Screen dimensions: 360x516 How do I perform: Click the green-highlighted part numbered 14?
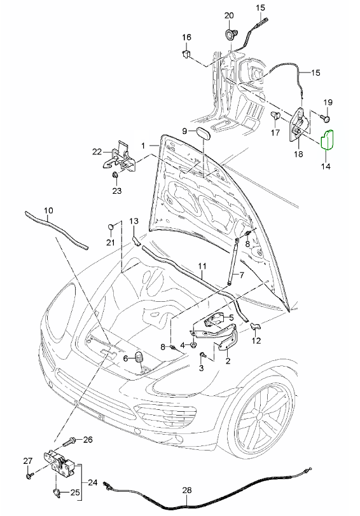[328, 140]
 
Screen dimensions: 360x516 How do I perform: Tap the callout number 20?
[229, 15]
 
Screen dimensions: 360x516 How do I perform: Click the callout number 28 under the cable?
[187, 491]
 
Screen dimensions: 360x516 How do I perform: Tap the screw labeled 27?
[29, 475]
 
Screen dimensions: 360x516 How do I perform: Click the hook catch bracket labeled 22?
[119, 158]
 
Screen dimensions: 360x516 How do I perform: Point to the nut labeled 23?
[115, 175]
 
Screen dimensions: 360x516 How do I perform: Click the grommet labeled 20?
[229, 34]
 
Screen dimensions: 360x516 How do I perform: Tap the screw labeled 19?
[326, 117]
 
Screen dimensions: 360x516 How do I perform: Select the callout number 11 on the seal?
[202, 266]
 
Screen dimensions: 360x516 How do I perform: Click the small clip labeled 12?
[255, 327]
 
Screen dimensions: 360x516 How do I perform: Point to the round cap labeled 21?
[111, 226]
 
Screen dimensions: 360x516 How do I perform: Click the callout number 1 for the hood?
[143, 145]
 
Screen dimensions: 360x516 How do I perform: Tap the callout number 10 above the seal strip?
[48, 210]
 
